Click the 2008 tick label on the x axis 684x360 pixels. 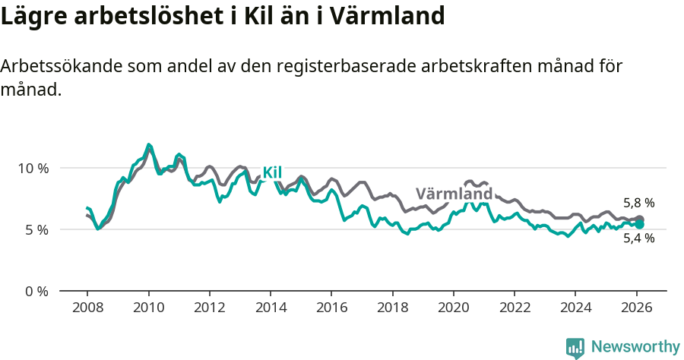(87, 309)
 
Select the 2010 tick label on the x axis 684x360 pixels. (148, 309)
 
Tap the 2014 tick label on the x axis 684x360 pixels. (271, 309)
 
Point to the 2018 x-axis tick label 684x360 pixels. (392, 309)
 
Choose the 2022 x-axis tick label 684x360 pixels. (515, 309)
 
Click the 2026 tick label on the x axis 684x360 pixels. (636, 309)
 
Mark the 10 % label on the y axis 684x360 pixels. (32, 168)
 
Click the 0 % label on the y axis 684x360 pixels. (35, 291)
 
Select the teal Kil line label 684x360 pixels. (272, 173)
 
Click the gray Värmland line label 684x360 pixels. (454, 193)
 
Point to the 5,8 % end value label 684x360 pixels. (638, 204)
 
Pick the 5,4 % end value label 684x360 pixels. (638, 238)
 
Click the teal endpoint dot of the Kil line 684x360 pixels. (640, 225)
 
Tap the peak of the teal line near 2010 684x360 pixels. (149, 144)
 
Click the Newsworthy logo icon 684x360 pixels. (575, 348)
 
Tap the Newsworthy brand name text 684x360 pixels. (635, 347)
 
